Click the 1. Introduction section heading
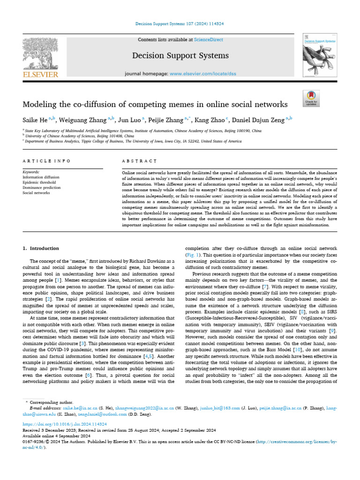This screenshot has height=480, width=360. point(41,248)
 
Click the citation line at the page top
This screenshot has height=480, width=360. point(180,23)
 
